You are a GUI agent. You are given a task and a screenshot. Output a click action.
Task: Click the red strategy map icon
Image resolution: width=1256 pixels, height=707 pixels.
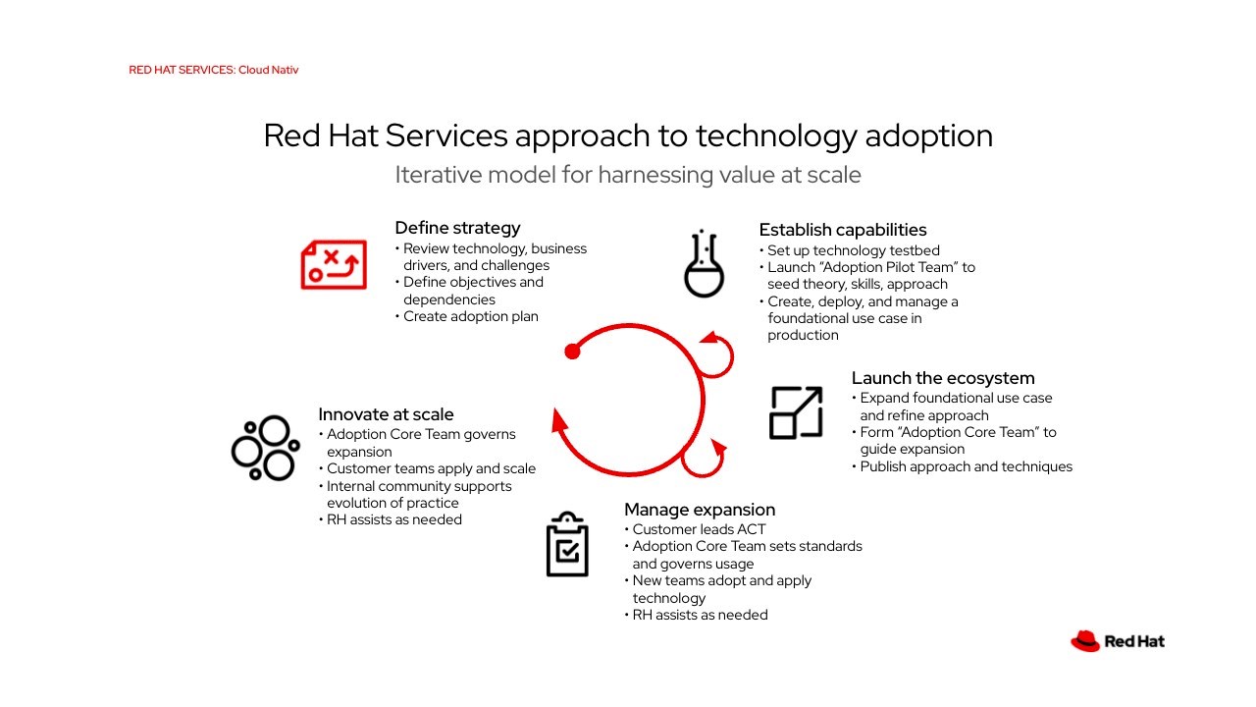coord(334,264)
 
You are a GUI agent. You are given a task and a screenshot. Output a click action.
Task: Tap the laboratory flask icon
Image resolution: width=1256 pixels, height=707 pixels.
coord(704,263)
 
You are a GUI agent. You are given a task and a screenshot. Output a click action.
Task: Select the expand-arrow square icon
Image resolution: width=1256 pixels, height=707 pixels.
coord(796,412)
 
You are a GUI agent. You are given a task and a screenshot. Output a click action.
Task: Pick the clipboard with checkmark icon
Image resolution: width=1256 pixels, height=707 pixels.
coord(567,544)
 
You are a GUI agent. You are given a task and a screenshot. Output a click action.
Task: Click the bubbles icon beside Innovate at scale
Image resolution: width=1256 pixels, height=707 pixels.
coord(265,448)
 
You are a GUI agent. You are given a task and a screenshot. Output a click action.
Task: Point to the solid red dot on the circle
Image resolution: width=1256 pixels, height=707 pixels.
coord(572,352)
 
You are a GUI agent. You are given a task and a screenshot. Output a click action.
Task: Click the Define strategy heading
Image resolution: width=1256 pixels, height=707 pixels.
coord(457,228)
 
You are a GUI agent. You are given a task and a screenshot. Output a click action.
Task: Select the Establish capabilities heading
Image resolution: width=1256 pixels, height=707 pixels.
coord(843,230)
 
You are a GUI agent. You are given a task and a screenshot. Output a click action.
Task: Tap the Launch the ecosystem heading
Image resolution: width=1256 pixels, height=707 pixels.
coord(943,378)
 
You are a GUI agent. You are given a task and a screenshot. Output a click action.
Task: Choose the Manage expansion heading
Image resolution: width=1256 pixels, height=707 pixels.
coord(700,510)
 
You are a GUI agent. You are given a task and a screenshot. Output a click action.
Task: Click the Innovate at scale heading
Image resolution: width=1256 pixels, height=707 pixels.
coord(386,414)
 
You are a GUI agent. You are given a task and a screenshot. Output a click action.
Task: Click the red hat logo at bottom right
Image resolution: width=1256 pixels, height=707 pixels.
coord(1085,641)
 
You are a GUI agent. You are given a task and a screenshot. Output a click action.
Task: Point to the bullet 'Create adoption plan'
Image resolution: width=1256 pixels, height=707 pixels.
coord(467,316)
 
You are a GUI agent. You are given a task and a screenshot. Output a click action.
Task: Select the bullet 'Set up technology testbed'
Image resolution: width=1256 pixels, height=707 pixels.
coord(850,250)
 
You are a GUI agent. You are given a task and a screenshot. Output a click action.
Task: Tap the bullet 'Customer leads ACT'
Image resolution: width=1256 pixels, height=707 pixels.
coord(696,529)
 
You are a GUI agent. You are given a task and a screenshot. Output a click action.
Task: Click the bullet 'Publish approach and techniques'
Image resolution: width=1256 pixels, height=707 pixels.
coord(963,466)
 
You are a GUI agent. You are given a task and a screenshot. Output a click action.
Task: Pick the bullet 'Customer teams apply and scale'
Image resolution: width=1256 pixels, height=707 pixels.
coord(427,468)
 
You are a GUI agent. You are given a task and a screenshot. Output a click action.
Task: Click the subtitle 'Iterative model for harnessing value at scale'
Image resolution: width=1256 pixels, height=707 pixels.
coord(628,175)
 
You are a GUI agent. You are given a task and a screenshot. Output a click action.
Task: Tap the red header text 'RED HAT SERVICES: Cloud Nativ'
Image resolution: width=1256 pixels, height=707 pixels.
coord(214,70)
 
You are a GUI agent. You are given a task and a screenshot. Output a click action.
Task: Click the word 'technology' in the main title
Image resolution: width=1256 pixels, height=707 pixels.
coord(776,136)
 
